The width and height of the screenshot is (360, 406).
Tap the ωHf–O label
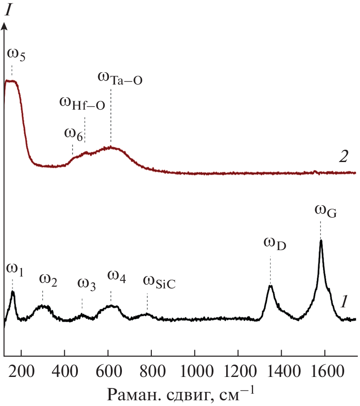pyautogui.click(x=82, y=103)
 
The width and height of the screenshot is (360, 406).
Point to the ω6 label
pyautogui.click(x=73, y=133)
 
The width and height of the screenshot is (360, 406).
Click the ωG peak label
pyautogui.click(x=324, y=210)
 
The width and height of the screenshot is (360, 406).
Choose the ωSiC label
pyautogui.click(x=159, y=282)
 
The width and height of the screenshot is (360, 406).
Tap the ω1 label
pyautogui.click(x=15, y=268)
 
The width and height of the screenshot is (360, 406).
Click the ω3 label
pyautogui.click(x=86, y=284)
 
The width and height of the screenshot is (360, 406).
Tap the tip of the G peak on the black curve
pyautogui.click(x=321, y=240)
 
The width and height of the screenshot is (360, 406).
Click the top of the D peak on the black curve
pyautogui.click(x=270, y=286)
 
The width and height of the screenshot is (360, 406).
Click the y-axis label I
pyautogui.click(x=7, y=11)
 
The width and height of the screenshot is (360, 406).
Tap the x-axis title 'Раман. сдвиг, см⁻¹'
pyautogui.click(x=180, y=391)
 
